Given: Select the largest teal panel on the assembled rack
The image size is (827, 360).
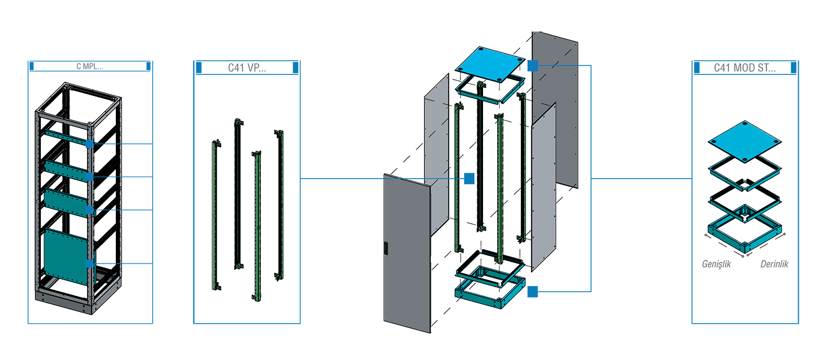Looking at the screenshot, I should coord(66,257).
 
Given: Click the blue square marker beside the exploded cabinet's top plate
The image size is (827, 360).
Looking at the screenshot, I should coord(531,67).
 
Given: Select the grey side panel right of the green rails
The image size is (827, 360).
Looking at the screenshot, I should coord(543,187).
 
